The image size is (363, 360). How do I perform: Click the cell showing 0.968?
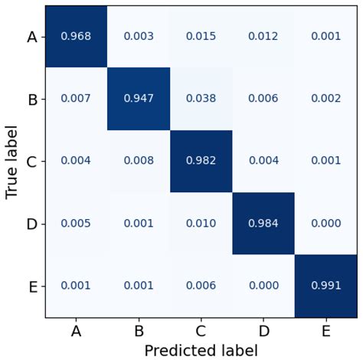(76, 36)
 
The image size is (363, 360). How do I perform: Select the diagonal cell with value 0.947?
(138, 99)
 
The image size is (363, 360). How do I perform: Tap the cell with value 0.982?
(201, 161)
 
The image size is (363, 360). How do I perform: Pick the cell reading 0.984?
(263, 224)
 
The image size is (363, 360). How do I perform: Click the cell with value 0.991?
(325, 286)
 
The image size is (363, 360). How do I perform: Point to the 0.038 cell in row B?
(201, 99)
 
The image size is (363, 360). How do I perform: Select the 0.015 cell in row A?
(201, 36)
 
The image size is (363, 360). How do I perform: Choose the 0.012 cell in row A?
(263, 36)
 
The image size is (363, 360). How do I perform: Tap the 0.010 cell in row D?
(201, 224)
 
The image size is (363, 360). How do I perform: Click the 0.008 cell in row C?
(138, 161)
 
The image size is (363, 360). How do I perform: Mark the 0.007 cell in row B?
(76, 99)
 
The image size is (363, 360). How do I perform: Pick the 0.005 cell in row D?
(76, 224)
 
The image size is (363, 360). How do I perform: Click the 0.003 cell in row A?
(138, 36)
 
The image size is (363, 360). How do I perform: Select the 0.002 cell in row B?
(325, 99)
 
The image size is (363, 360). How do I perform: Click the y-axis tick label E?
(32, 286)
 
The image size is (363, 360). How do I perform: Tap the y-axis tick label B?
(32, 99)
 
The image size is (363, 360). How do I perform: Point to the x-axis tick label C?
(201, 331)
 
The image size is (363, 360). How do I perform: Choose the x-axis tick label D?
(263, 331)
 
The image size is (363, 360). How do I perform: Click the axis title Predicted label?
(201, 349)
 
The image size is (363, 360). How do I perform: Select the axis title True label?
(11, 161)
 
